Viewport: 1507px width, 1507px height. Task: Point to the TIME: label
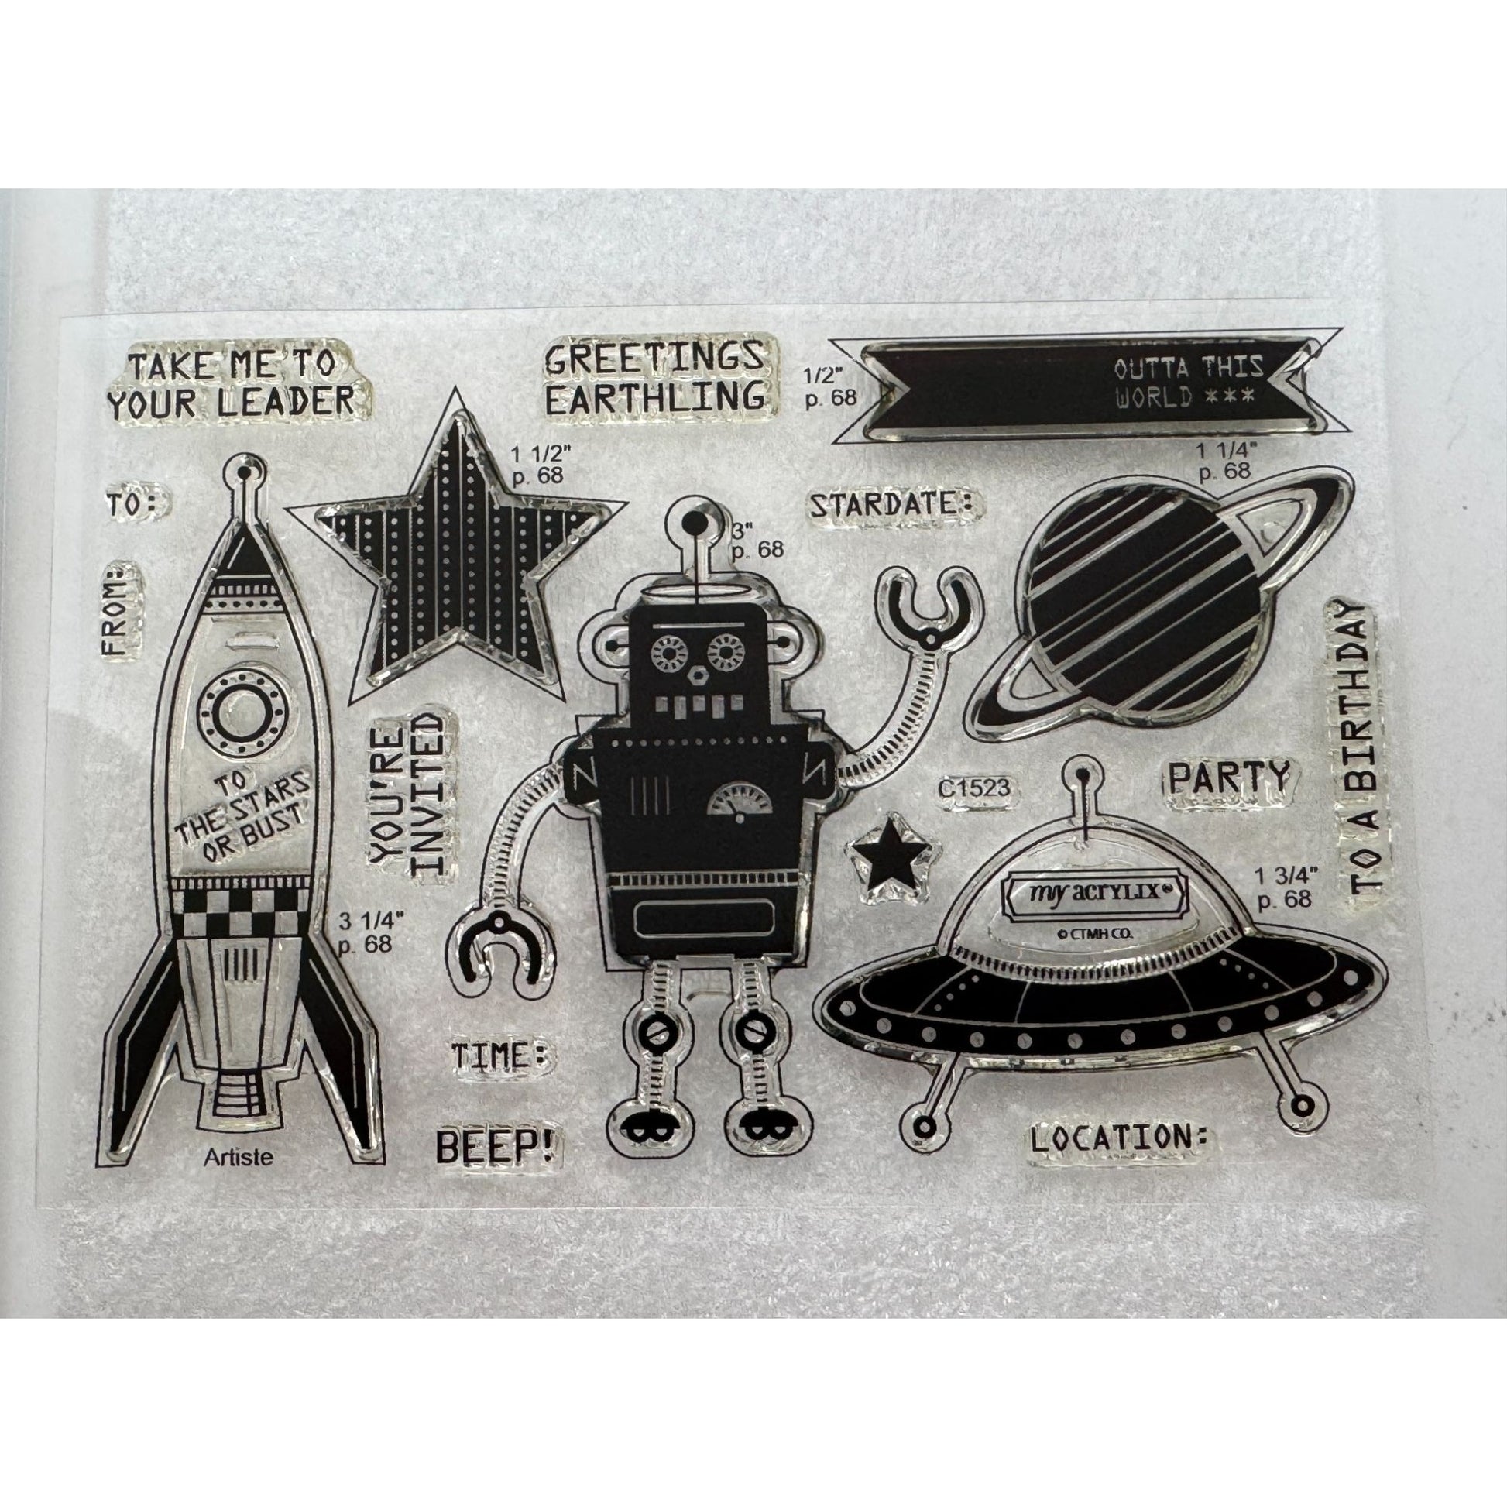point(500,1057)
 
